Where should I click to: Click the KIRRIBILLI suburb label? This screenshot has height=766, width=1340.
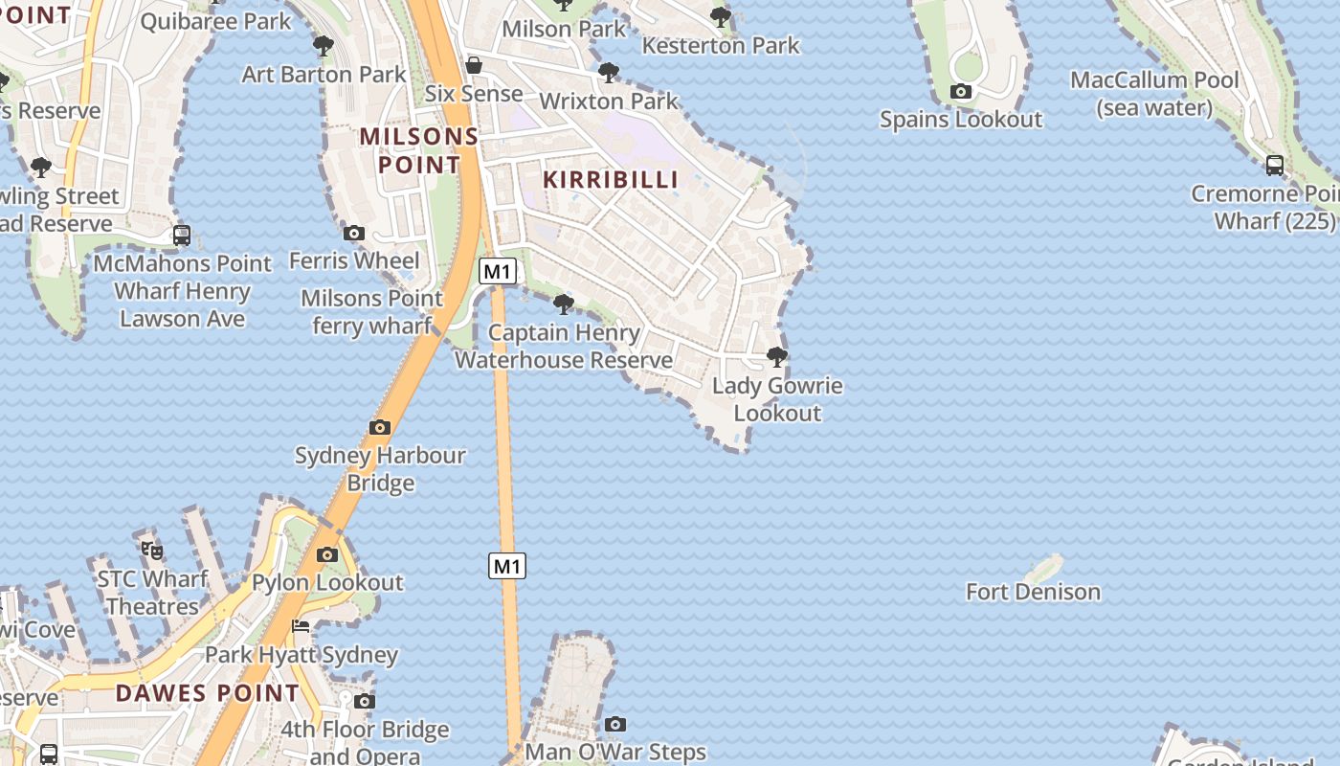tap(611, 179)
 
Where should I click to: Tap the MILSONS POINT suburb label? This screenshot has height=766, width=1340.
tap(418, 150)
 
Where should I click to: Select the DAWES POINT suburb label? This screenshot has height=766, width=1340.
tap(208, 692)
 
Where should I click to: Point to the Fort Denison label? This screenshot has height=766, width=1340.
tap(1033, 592)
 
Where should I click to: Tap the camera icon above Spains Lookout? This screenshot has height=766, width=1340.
tap(961, 92)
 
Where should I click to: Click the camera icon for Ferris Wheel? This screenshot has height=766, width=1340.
tap(354, 233)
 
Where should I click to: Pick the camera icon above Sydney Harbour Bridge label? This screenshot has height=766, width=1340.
tap(380, 427)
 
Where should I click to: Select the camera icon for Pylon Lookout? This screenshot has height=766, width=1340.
tap(327, 554)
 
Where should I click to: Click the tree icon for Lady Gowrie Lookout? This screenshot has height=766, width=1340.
tap(777, 358)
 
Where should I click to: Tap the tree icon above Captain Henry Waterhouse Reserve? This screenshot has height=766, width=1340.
tap(564, 304)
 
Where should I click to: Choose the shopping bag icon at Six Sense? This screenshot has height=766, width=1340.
tap(474, 65)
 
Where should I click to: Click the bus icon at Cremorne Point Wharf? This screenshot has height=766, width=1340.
tap(1275, 166)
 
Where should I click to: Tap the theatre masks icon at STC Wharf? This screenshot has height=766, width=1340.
tap(152, 551)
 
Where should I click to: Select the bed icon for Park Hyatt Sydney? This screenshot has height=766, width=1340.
tap(301, 627)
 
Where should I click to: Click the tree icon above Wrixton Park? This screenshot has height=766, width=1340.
tap(608, 73)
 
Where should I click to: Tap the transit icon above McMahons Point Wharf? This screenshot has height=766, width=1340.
tap(182, 235)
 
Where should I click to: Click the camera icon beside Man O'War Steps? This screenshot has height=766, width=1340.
tap(615, 724)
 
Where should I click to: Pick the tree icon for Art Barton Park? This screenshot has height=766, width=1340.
tap(324, 46)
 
